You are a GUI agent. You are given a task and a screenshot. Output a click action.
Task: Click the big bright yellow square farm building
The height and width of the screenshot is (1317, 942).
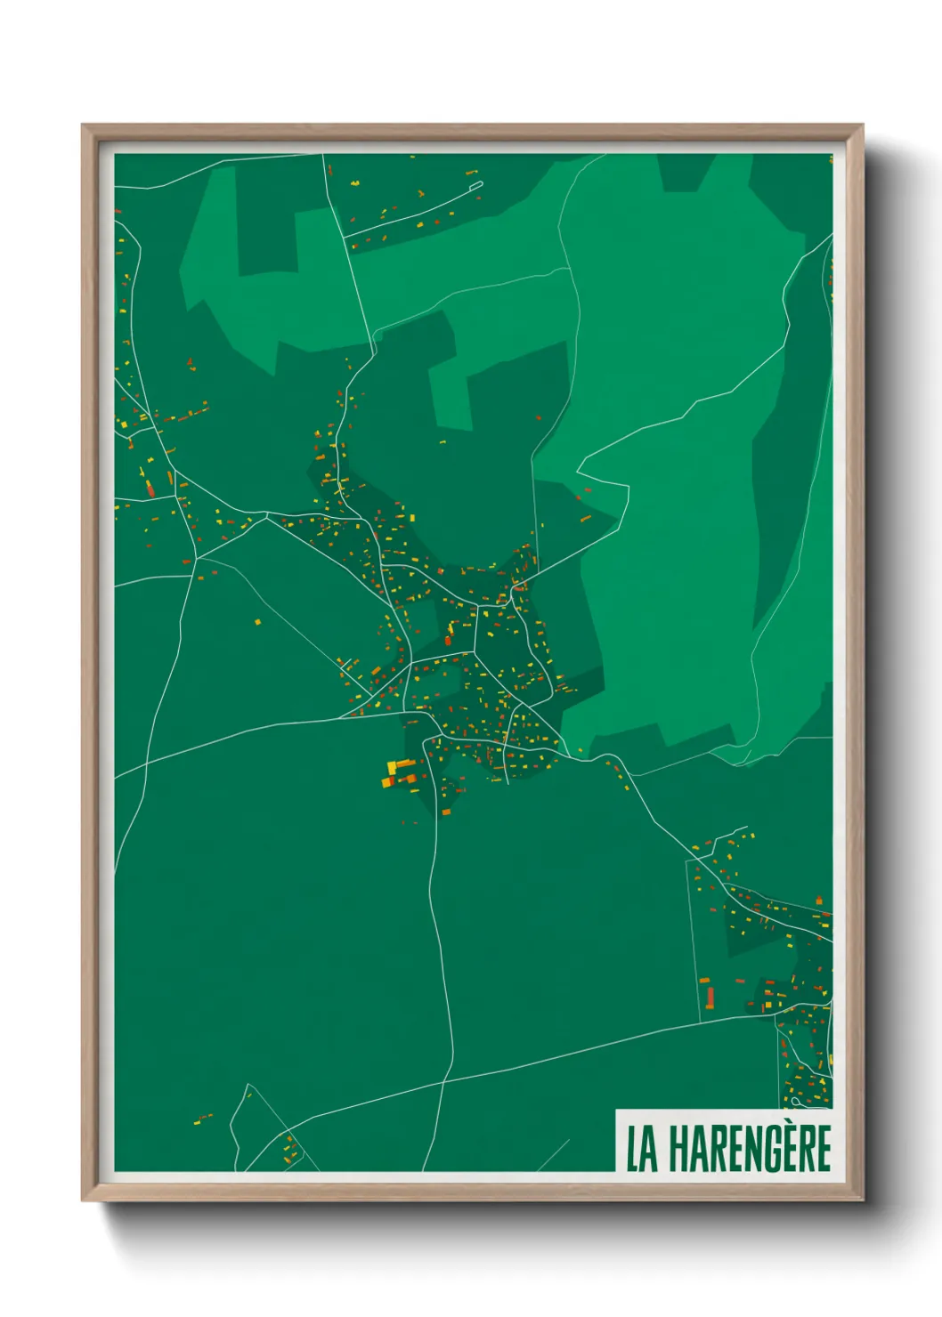392,766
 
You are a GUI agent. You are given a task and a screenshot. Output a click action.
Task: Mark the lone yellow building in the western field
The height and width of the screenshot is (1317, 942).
258,622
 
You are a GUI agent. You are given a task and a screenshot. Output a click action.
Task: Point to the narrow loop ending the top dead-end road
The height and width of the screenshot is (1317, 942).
475,186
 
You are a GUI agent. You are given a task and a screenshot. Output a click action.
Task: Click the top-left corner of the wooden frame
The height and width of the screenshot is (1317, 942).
83,125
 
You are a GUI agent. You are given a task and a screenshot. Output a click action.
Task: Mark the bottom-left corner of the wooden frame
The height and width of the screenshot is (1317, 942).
83,1200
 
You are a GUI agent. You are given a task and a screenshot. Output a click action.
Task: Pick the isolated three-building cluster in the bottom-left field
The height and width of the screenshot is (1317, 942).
204,1118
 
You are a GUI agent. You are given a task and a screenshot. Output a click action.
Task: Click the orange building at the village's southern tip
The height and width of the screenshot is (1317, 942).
446,811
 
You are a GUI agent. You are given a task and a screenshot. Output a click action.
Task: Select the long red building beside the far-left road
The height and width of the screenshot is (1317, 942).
150,488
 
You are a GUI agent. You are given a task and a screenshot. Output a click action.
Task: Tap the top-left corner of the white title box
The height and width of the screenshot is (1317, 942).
616,1110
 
